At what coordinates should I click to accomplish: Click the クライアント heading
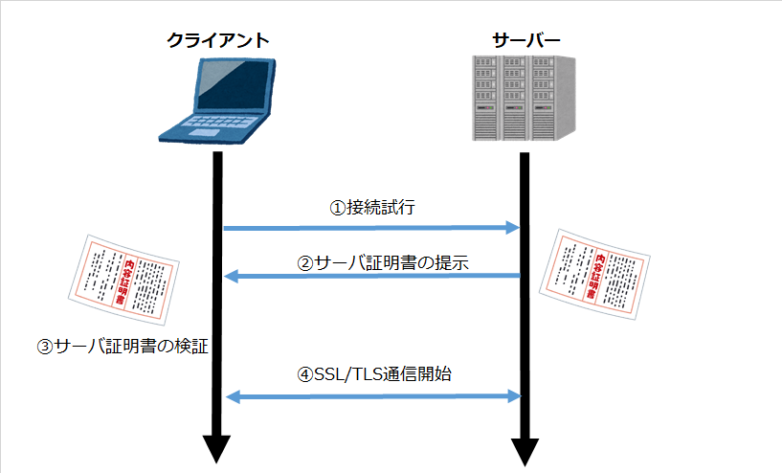217,40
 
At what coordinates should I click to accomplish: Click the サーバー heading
525,40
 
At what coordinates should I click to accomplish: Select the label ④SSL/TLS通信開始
375,375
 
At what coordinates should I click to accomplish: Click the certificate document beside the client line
126,278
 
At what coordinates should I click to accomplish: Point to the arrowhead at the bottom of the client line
217,448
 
